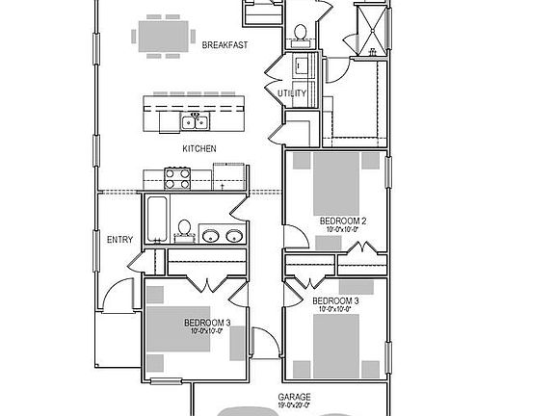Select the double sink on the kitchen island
tap(196, 122)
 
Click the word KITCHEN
tap(199, 149)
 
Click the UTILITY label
tap(292, 93)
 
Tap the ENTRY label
tap(120, 240)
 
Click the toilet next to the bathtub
tap(183, 230)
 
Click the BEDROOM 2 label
tap(342, 221)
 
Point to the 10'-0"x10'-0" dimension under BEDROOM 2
tap(342, 230)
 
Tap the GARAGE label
tap(295, 397)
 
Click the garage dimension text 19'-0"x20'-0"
tap(295, 406)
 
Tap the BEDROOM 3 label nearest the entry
tap(206, 322)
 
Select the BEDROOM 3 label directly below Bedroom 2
tap(337, 301)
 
